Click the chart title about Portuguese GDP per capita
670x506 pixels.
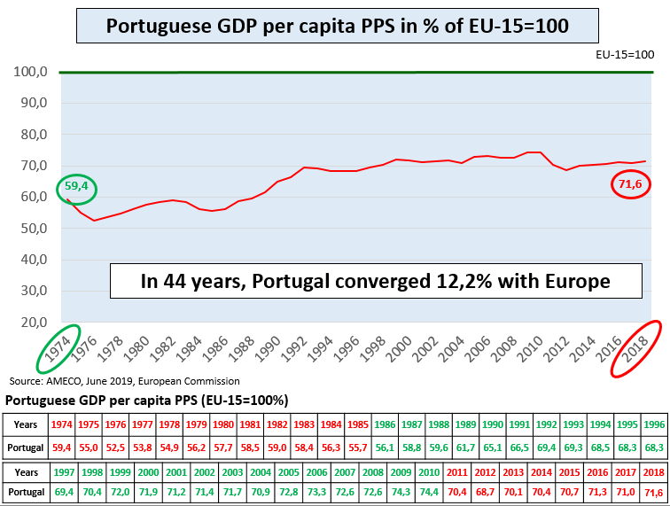[x=337, y=26]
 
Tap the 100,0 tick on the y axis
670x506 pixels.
[x=30, y=72]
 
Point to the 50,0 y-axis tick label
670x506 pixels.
[x=35, y=229]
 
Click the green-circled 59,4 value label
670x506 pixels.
[x=76, y=186]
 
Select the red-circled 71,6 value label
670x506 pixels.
[x=630, y=184]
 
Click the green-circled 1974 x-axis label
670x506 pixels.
[x=58, y=348]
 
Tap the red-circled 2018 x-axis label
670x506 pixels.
[x=635, y=348]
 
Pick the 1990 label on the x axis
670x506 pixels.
[x=268, y=348]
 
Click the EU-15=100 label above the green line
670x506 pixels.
[x=625, y=55]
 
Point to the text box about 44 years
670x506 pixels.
[x=376, y=281]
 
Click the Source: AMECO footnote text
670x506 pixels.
[x=124, y=381]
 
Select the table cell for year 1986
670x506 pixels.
[x=385, y=424]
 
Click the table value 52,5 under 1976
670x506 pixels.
[x=115, y=448]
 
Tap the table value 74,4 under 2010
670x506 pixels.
[x=429, y=492]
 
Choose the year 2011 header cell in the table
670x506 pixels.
[x=456, y=472]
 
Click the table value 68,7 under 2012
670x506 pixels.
[x=485, y=492]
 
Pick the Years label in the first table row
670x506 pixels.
[x=25, y=424]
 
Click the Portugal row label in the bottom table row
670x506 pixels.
[x=26, y=492]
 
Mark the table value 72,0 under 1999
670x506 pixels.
[x=120, y=492]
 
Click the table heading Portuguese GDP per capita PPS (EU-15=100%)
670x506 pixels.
[x=147, y=401]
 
